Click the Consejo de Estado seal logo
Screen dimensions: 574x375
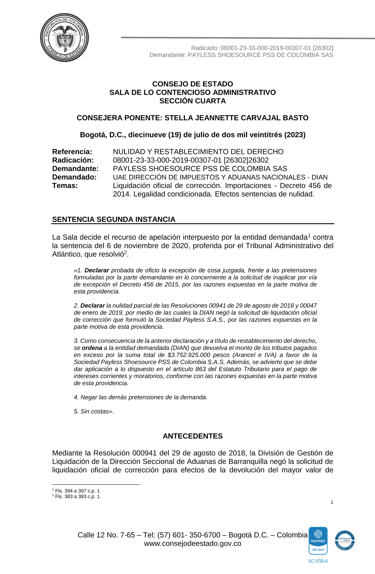[64, 38]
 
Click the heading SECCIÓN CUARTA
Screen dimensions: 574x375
[192, 101]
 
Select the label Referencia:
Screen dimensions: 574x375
[72, 152]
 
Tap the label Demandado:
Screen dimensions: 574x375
[74, 177]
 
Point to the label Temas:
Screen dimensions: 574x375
[65, 185]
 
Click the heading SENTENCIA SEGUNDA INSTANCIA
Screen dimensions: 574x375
[114, 220]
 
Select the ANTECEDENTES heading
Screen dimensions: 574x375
[192, 436]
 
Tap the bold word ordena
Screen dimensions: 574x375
[92, 348]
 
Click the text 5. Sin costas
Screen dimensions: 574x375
[93, 411]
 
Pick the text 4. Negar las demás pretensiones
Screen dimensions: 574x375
[140, 397]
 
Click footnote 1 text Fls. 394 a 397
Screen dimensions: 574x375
[78, 491]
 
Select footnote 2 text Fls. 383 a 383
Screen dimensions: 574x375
[78, 497]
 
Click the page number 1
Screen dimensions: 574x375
[332, 502]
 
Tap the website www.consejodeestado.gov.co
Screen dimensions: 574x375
[192, 544]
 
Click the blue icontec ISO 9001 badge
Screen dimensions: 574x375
[318, 541]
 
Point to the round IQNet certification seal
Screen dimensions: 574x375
[345, 541]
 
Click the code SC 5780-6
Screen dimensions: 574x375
[318, 561]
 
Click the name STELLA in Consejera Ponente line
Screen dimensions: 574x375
[178, 118]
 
